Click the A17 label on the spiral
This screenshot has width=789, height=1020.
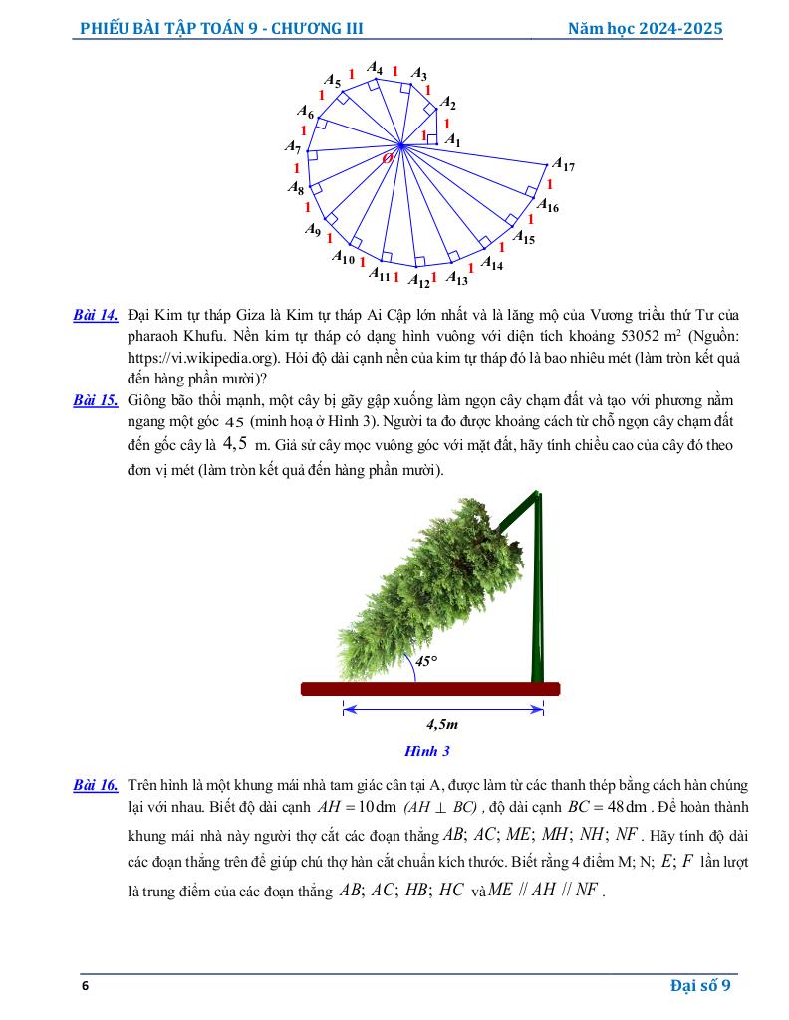(x=563, y=165)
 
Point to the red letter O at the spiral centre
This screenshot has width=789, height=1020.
(x=388, y=157)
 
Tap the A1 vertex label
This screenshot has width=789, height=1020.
(x=452, y=140)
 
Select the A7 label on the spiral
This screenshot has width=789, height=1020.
(x=293, y=147)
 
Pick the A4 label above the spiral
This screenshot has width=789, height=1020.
(x=375, y=68)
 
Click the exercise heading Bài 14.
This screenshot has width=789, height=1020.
(x=96, y=316)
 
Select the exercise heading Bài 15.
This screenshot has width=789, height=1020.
(x=96, y=400)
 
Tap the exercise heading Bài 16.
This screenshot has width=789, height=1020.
(x=96, y=786)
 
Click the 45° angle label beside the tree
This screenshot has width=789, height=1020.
(x=426, y=660)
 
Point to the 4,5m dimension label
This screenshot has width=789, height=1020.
(x=442, y=726)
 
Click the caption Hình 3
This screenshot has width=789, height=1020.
(x=427, y=751)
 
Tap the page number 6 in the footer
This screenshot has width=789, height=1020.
(x=86, y=986)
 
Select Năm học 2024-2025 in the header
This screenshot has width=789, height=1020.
(x=645, y=29)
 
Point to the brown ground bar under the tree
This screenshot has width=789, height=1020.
(x=429, y=689)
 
